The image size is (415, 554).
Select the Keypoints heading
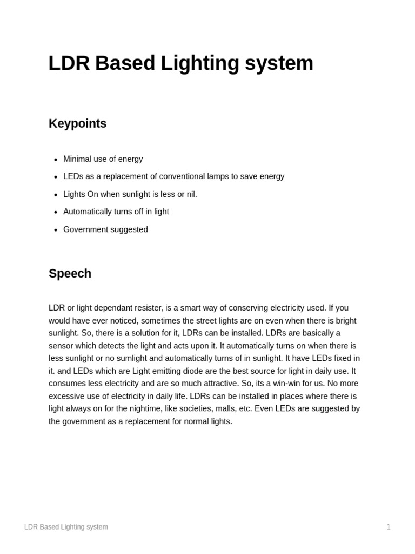pos(77,124)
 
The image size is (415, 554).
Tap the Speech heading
pos(70,274)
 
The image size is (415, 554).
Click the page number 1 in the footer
pos(389,527)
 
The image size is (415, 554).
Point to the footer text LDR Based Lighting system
pos(66,527)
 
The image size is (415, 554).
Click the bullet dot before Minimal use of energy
pos(56,160)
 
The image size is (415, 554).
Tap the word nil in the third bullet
pos(190,194)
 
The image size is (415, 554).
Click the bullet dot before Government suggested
pos(56,230)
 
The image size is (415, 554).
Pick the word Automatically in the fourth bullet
pos(88,212)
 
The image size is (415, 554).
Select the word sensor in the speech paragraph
pos(62,346)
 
